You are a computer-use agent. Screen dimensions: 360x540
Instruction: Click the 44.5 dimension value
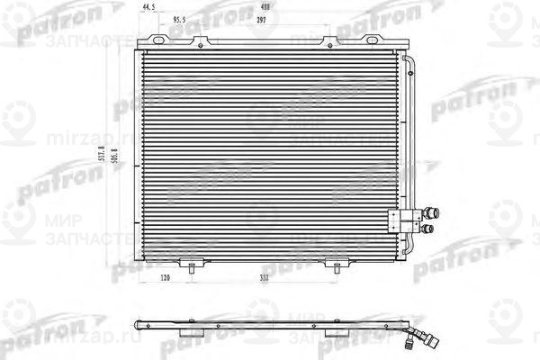(148, 7)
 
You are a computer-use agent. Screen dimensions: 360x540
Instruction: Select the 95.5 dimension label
(179, 19)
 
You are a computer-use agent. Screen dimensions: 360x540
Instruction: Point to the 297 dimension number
(261, 19)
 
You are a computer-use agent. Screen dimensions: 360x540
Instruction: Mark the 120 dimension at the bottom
(166, 279)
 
